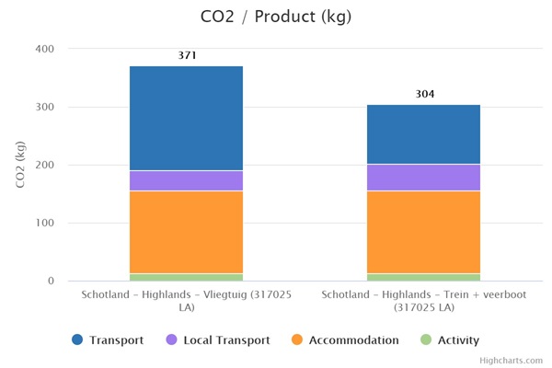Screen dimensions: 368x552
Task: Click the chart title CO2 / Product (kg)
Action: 275,17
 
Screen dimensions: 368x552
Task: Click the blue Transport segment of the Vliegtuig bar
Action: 186,119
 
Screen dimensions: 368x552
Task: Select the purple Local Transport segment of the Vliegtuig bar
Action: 186,180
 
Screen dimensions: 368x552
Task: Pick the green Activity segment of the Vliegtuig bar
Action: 186,277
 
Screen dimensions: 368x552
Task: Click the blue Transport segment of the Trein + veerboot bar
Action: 423,134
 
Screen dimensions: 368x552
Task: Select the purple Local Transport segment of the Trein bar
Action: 423,177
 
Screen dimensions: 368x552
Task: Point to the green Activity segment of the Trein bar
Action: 423,277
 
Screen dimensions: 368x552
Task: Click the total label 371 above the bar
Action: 187,55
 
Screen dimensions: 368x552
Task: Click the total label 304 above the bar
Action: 424,94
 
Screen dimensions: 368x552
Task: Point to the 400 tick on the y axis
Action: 44,49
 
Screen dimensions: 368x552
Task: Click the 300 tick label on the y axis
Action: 44,107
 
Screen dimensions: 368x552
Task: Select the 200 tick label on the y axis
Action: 44,165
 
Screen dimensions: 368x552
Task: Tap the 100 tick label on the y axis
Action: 44,223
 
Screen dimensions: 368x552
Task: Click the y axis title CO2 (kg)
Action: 20,165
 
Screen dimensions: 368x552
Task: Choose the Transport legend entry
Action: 108,339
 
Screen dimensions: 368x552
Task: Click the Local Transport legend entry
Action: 217,339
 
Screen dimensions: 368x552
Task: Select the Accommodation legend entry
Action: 344,339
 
